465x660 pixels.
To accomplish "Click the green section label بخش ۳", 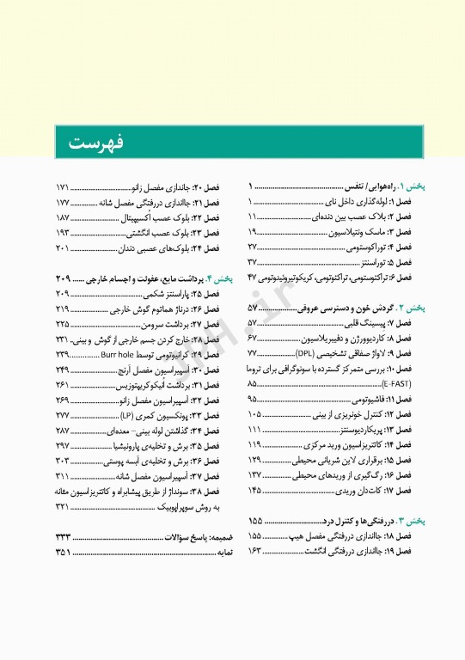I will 416,522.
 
